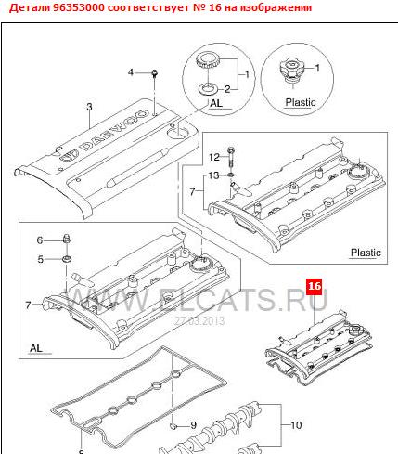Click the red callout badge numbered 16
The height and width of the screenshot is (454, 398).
[315, 286]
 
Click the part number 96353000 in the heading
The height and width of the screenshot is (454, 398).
[79, 7]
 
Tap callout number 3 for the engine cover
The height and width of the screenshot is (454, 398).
[89, 107]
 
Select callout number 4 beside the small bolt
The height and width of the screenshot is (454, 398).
[131, 72]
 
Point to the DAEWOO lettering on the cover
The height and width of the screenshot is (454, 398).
[114, 130]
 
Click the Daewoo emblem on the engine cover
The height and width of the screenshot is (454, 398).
[69, 155]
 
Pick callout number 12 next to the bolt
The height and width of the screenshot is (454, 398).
[214, 157]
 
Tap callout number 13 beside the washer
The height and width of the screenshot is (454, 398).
[213, 175]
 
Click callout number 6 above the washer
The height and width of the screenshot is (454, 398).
[40, 240]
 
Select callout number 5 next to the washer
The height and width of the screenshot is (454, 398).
[41, 259]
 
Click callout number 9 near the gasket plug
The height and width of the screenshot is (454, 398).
[193, 425]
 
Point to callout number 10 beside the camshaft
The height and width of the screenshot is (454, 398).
[296, 425]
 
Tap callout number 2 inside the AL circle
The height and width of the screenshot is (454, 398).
[227, 89]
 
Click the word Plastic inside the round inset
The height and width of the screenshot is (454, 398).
[301, 102]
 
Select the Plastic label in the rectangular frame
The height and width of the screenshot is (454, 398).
[366, 253]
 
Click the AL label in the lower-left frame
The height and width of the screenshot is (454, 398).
[36, 348]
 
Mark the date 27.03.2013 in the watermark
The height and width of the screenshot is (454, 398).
[199, 321]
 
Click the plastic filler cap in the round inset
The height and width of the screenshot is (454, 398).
[290, 71]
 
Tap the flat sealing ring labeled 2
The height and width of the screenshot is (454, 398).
[207, 88]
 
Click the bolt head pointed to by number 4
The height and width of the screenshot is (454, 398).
[155, 73]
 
